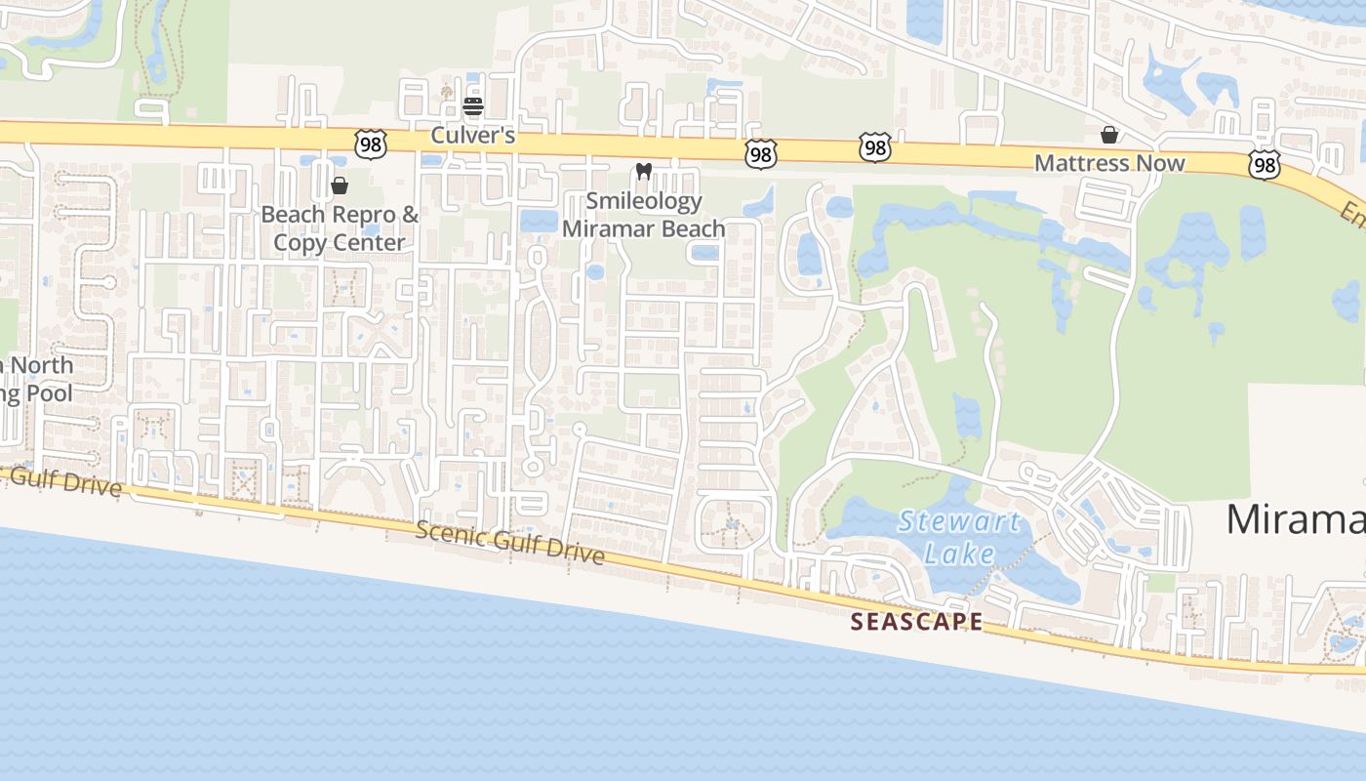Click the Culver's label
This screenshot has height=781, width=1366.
tap(473, 135)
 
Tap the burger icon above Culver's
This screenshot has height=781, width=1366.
tap(473, 105)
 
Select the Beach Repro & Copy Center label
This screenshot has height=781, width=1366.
tap(340, 228)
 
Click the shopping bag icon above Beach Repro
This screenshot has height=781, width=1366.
tap(340, 185)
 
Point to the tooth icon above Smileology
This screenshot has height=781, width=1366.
tap(643, 172)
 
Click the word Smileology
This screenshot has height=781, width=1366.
tap(644, 201)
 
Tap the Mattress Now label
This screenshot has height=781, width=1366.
tap(1109, 163)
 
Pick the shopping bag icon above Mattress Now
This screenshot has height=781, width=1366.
tap(1109, 134)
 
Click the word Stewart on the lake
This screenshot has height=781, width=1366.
tap(958, 521)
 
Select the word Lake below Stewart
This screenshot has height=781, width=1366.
tap(959, 555)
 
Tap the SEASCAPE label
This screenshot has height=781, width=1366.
tap(916, 621)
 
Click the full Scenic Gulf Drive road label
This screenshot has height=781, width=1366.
tap(509, 542)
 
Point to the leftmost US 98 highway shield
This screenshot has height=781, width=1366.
tap(372, 144)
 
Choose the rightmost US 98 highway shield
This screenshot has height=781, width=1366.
tap(1265, 164)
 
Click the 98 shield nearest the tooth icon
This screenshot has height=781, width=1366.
tap(761, 153)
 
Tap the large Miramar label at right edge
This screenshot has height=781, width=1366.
tap(1295, 518)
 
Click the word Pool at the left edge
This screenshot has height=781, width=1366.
tap(50, 393)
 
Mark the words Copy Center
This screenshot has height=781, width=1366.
tap(340, 242)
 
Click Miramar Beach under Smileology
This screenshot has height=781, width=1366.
tap(644, 228)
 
